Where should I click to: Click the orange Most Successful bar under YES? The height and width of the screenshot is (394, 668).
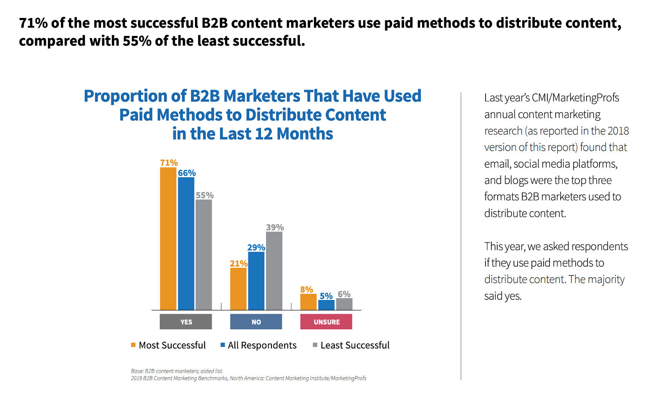(168, 239)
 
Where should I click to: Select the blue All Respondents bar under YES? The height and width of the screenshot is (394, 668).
(186, 244)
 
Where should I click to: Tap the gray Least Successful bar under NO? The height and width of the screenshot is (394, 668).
(274, 271)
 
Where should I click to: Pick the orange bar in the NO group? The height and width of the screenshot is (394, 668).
(238, 289)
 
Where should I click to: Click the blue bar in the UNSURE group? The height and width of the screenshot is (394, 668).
(326, 305)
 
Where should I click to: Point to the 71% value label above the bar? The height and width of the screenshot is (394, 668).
(169, 163)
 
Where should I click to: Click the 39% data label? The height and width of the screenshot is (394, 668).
(275, 227)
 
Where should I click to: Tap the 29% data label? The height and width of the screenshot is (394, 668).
(256, 247)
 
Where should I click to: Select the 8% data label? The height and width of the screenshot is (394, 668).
(306, 290)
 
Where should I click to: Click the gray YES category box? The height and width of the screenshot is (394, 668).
(186, 322)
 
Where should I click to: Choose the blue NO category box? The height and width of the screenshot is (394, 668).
(256, 322)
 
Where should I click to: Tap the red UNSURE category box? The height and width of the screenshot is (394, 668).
(326, 322)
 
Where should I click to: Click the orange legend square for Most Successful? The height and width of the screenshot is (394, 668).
(133, 345)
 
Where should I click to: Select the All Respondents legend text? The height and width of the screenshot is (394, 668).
(262, 345)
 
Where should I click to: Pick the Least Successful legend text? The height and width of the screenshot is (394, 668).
(355, 345)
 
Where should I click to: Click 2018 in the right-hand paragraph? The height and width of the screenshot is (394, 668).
(618, 131)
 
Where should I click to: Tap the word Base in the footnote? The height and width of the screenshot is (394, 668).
(137, 371)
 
